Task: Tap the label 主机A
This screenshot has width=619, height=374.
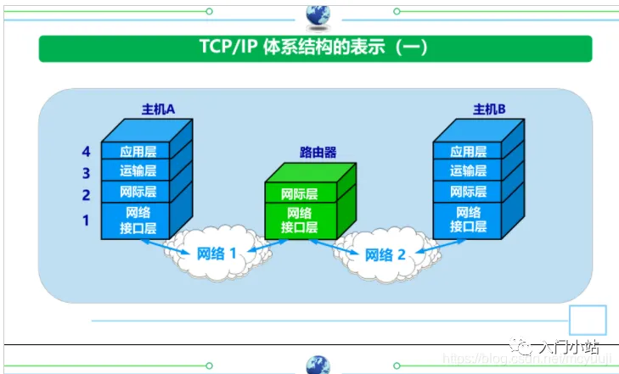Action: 158,109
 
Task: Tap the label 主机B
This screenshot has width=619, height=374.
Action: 489,109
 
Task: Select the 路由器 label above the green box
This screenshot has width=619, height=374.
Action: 318,153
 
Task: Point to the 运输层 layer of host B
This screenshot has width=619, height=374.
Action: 468,171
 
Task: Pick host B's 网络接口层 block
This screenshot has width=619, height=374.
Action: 468,220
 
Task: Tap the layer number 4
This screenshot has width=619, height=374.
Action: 86,152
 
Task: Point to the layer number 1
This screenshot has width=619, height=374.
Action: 86,220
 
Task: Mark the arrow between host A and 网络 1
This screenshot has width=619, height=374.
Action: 160,244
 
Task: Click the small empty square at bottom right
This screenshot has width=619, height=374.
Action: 588,321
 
